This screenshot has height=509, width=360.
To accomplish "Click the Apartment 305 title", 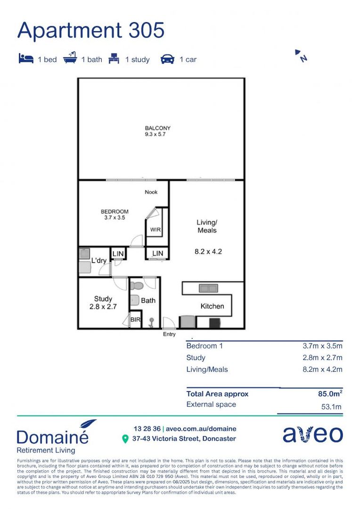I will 91,30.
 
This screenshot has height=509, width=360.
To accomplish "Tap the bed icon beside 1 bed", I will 26,59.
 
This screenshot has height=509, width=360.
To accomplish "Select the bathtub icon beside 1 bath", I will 70,59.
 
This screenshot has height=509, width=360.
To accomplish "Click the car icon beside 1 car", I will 167,59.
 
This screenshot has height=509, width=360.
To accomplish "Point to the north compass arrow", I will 301,56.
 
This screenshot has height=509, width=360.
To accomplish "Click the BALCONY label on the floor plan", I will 157,128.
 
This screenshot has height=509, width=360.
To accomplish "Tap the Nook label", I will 151,192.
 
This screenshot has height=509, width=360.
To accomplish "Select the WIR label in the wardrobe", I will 156,230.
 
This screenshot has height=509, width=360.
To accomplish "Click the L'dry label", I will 98,261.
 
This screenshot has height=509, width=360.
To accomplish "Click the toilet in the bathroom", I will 137,286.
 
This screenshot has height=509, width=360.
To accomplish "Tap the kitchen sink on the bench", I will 208,288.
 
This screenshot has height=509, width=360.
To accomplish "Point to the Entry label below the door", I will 169,334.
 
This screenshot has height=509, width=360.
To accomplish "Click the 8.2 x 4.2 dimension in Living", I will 208,252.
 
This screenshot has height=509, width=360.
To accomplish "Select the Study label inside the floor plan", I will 103,299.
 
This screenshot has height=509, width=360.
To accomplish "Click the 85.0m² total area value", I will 329,394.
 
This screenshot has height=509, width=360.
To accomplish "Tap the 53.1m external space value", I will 331,407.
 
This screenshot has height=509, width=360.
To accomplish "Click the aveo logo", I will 312,435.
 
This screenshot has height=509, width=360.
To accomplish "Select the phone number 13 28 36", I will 147,429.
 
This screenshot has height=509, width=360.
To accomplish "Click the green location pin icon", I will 125,439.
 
